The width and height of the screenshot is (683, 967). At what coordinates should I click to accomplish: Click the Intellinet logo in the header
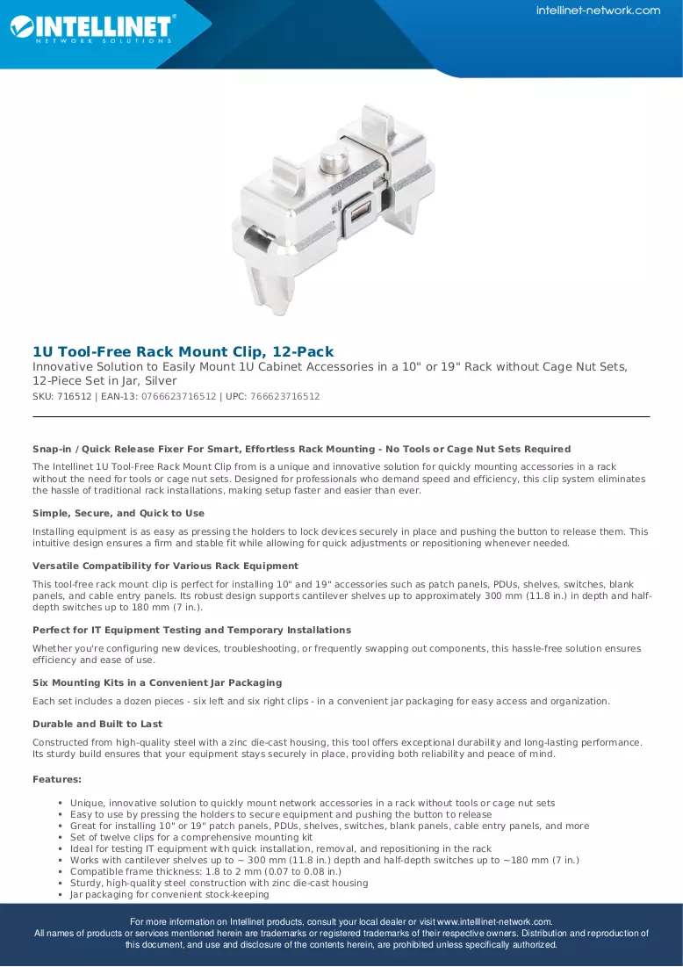tap(92, 28)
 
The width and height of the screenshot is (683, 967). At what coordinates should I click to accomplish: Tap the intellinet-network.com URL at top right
tap(598, 11)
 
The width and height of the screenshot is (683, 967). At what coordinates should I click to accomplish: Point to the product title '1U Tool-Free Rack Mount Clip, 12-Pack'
tap(183, 351)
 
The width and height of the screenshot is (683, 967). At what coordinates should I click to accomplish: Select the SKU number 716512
tap(74, 396)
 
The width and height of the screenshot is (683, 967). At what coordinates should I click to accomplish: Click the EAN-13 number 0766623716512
tap(179, 396)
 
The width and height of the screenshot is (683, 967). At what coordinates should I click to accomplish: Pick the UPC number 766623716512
tap(284, 396)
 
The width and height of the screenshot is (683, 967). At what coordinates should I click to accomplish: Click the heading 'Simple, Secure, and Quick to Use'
tap(119, 513)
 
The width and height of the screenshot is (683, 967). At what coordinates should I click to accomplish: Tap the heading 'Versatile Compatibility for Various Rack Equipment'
tap(165, 566)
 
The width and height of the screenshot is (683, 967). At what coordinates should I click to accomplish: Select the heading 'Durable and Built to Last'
tap(97, 724)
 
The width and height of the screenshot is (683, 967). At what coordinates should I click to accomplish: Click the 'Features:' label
tap(57, 780)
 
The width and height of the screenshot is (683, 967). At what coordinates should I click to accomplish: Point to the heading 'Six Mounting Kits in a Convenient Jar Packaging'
tap(157, 682)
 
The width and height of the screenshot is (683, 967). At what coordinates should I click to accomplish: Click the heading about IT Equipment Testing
tap(191, 631)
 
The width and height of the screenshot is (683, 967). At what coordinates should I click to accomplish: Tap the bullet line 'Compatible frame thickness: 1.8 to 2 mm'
tap(206, 871)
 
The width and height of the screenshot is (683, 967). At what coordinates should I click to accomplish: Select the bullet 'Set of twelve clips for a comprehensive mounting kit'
tap(191, 838)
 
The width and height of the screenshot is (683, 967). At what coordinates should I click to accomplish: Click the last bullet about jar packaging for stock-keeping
tap(169, 894)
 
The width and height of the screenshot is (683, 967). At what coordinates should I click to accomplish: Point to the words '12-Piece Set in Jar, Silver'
tap(104, 381)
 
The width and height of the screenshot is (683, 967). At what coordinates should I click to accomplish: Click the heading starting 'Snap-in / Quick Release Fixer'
tap(301, 449)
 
